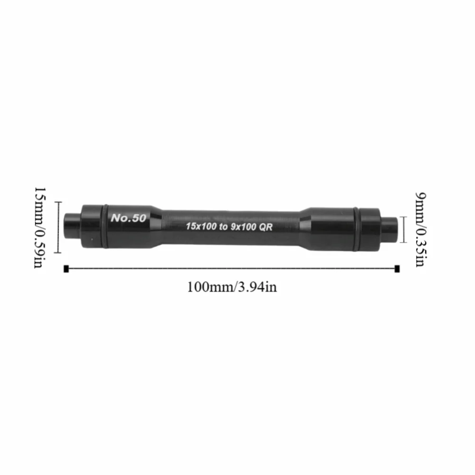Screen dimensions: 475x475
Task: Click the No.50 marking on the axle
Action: [x=128, y=218]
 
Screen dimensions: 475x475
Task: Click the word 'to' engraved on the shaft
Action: [x=223, y=227]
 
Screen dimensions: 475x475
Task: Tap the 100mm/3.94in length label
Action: [x=232, y=287]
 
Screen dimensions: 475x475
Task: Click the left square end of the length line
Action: [x=66, y=269]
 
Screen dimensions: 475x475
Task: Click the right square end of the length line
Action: [x=397, y=269]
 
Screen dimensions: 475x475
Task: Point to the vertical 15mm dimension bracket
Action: [x=58, y=227]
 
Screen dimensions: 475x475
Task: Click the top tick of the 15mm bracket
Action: [x=58, y=202]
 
